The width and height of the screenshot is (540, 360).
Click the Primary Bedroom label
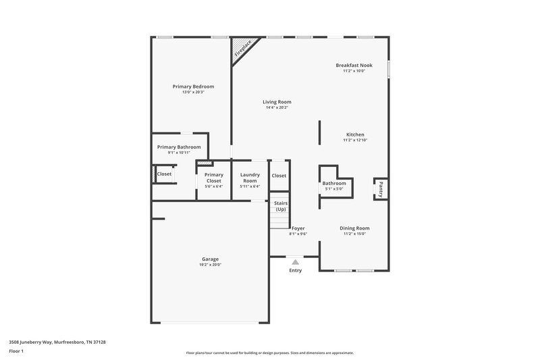pyautogui.click(x=193, y=86)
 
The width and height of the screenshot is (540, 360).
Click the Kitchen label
pyautogui.click(x=355, y=134)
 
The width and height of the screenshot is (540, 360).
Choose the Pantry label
pyautogui.click(x=381, y=189)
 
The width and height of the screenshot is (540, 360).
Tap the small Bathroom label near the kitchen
pyautogui.click(x=333, y=183)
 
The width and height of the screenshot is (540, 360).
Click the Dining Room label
pyautogui.click(x=354, y=228)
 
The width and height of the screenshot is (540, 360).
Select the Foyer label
pyautogui.click(x=298, y=228)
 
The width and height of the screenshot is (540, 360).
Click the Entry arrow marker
pyautogui.click(x=295, y=261)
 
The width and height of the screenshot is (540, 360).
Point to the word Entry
pyautogui.click(x=296, y=270)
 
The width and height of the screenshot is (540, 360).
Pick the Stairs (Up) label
pyautogui.click(x=280, y=205)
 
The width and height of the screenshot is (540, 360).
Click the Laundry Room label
pyautogui.click(x=250, y=178)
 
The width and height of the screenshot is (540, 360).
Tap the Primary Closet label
pyautogui.click(x=213, y=178)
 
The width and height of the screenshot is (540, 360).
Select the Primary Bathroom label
pyautogui.click(x=179, y=147)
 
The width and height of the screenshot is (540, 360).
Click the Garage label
pyautogui.click(x=210, y=259)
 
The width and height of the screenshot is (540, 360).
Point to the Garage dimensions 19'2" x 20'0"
pyautogui.click(x=210, y=265)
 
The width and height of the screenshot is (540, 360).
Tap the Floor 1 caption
pyautogui.click(x=17, y=352)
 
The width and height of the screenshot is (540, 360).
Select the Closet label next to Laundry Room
pyautogui.click(x=279, y=176)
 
